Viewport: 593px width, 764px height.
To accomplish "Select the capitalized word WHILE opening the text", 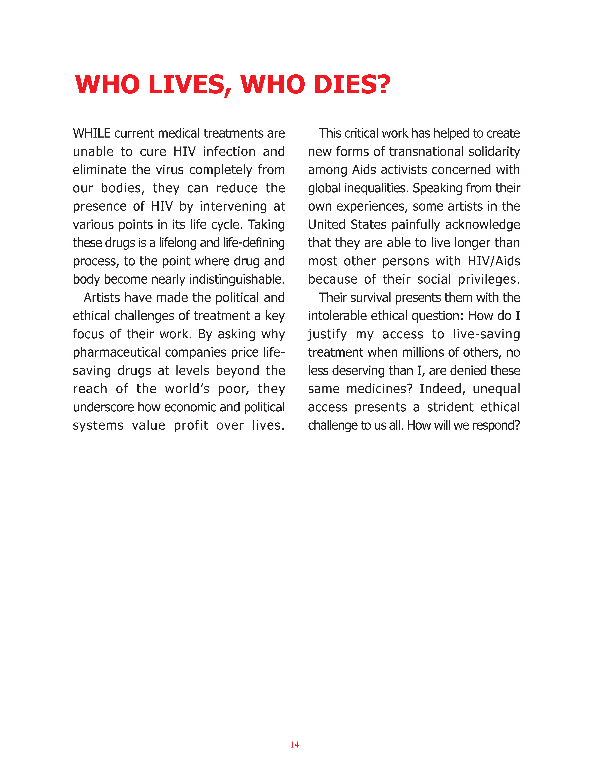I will [x=92, y=133].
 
